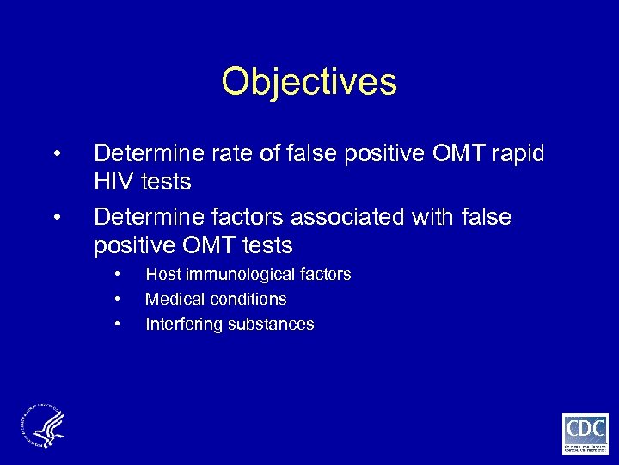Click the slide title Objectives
(309, 83)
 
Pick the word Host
(162, 275)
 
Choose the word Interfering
(183, 325)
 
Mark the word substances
(270, 325)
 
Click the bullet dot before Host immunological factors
(116, 275)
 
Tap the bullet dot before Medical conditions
(116, 300)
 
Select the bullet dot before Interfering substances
(116, 325)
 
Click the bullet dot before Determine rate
(56, 154)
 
